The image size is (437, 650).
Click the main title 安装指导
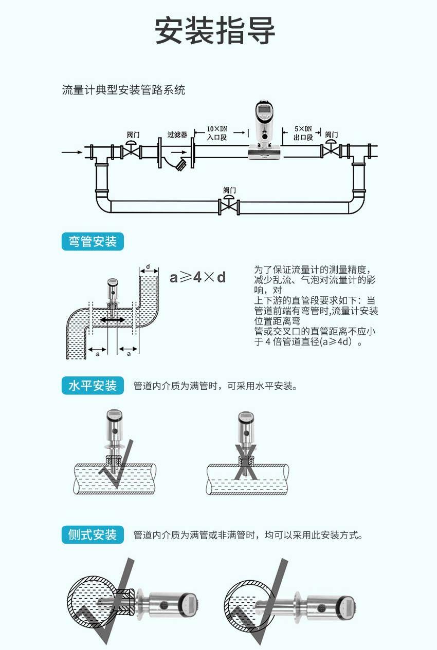(215, 31)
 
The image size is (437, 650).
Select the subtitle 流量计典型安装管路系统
(123, 90)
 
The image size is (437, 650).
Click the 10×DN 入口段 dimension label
(216, 133)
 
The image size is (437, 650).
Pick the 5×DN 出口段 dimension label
(303, 133)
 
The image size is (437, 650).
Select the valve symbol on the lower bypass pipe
(230, 207)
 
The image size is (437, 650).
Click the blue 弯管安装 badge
(93, 241)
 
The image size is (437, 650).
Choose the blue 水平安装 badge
(93, 386)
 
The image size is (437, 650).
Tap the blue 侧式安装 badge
(93, 534)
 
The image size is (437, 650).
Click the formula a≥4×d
(198, 277)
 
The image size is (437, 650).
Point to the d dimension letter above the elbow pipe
(148, 267)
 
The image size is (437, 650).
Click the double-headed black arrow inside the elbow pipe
(112, 319)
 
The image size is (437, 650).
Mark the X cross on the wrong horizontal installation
(246, 462)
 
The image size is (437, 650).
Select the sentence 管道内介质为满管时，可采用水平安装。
(215, 386)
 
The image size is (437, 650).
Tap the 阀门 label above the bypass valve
(230, 190)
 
